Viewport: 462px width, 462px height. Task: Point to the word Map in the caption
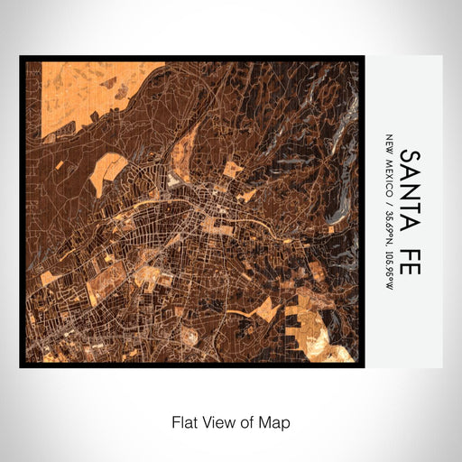coord(274,421)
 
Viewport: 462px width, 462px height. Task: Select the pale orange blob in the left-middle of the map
coord(107,171)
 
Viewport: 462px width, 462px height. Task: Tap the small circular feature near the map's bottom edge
coord(189,335)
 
